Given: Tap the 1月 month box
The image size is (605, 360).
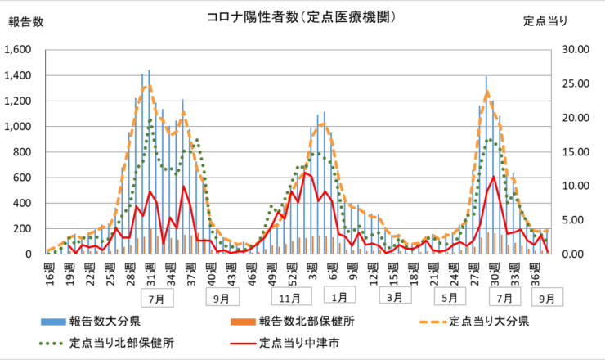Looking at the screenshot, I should (x=339, y=295).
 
